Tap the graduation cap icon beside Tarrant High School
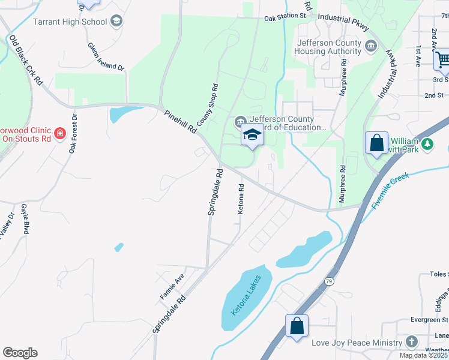pyautogui.click(x=116, y=22)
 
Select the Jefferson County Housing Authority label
pyautogui.click(x=328, y=47)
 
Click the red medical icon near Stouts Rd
pyautogui.click(x=59, y=133)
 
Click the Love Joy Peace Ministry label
pyautogui.click(x=357, y=343)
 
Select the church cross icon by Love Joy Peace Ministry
pyautogui.click(x=411, y=342)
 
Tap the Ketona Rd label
pyautogui.click(x=241, y=199)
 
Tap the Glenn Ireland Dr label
pyautogui.click(x=106, y=57)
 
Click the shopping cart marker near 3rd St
pyautogui.click(x=443, y=59)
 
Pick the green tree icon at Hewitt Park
pyautogui.click(x=427, y=143)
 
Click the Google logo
pyautogui.click(x=20, y=353)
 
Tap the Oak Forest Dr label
pyautogui.click(x=73, y=133)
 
